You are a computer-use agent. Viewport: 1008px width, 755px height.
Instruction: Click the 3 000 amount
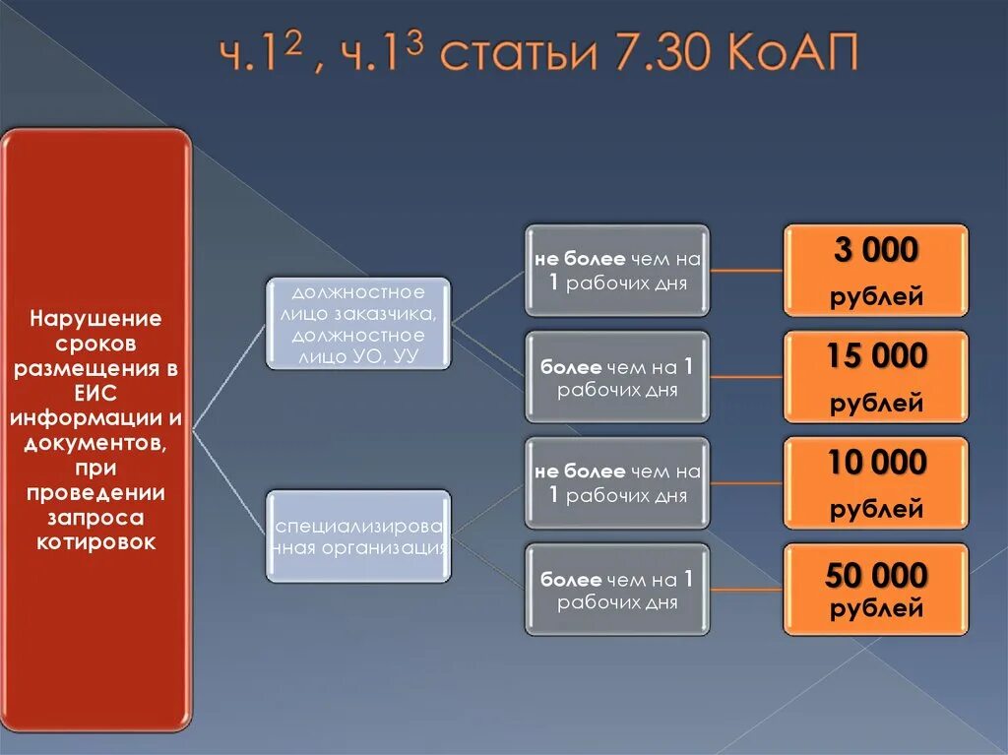(875, 252)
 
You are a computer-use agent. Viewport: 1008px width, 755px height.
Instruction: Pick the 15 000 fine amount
(875, 357)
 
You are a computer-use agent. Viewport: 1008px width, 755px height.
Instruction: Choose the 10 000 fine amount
(875, 463)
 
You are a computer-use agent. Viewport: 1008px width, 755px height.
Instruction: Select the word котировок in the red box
(95, 541)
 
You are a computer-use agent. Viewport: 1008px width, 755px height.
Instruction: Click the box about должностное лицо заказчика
(358, 324)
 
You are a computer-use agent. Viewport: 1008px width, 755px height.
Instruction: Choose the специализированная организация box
(358, 535)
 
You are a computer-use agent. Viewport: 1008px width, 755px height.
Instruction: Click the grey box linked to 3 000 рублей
(616, 271)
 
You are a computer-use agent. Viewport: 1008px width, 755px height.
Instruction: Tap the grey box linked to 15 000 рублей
(616, 377)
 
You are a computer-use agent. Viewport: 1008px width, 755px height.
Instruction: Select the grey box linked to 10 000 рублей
(616, 483)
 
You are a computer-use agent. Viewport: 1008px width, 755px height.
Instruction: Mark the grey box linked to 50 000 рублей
(616, 590)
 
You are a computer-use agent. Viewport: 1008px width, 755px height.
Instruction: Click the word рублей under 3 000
(875, 296)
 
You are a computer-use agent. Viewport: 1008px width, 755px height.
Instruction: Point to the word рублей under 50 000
(875, 609)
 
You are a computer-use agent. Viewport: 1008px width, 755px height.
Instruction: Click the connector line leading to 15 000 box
(745, 377)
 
